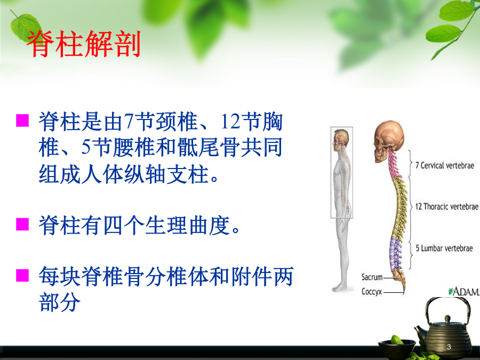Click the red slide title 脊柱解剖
pos(84,44)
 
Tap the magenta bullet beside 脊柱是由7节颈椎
pos(22,121)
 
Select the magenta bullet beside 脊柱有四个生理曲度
pos(22,224)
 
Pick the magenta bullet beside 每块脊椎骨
pos(22,275)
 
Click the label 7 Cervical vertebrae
pos(444,166)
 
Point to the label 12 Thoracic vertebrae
pos(446,206)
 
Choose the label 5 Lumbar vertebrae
pos(444,248)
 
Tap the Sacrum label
pos(372,277)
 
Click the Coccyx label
pos(372,291)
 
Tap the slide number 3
pos(449,347)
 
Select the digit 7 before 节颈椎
pos(128,121)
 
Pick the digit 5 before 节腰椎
pos(86,147)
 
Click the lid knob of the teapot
pos(447,319)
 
